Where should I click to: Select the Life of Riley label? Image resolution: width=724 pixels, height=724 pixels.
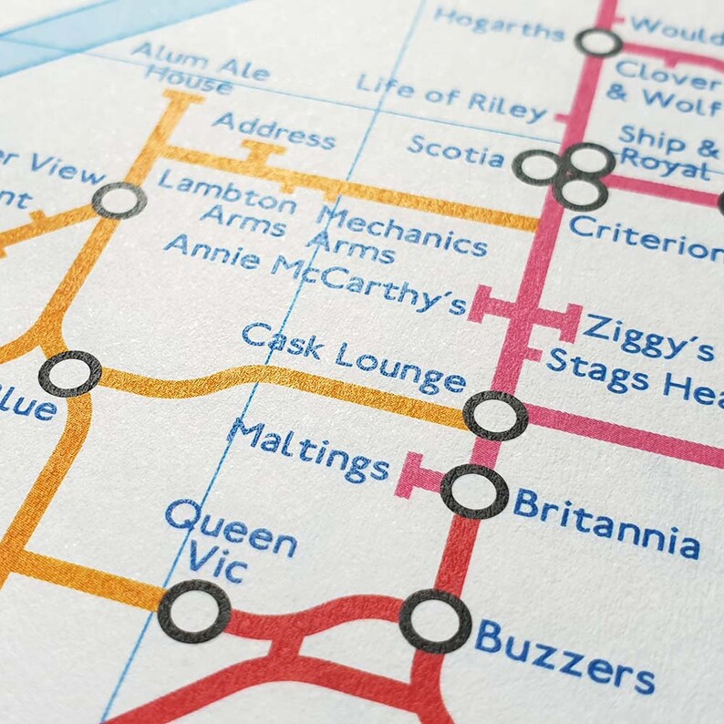(x=451, y=97)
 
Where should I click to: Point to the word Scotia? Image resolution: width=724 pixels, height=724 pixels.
(x=455, y=150)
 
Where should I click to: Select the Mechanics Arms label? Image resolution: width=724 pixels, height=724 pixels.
(x=401, y=232)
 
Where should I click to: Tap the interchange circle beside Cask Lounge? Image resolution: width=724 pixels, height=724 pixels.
(x=495, y=416)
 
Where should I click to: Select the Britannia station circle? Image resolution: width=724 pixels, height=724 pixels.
(x=474, y=491)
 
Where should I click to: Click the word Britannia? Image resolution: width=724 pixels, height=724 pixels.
(x=605, y=523)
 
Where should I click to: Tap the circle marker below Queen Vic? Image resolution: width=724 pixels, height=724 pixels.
(x=193, y=611)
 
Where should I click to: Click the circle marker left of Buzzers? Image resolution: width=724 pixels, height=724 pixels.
(x=435, y=620)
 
